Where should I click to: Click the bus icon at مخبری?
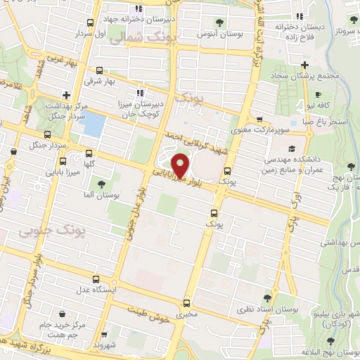(186, 304)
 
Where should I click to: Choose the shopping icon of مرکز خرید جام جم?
(64, 314)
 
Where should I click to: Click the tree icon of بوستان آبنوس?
(220, 22)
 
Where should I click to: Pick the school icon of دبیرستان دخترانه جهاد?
(139, 9)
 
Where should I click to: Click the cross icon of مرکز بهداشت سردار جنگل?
(66, 94)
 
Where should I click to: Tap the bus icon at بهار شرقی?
(99, 70)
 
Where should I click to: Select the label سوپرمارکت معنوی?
(255, 129)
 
